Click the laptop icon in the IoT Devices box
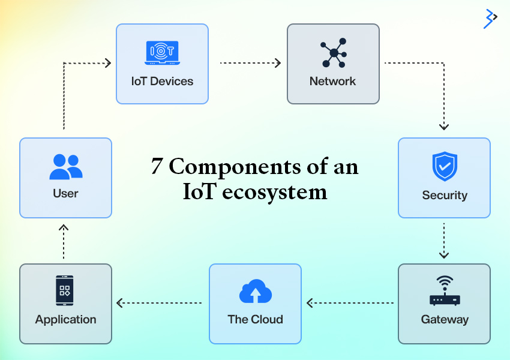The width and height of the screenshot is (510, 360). click(162, 53)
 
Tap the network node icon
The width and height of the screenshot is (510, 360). click(333, 53)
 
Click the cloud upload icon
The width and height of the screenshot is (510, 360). click(255, 292)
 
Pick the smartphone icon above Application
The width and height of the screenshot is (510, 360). click(65, 291)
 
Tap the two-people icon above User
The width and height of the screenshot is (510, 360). click(65, 167)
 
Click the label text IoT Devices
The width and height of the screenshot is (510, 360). click(162, 81)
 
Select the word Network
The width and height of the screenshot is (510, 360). click(333, 81)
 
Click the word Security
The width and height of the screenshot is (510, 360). click(445, 195)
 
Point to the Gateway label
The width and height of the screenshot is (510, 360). click(445, 319)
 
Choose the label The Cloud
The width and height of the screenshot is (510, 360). click(255, 319)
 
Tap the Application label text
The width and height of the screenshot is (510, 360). click(65, 319)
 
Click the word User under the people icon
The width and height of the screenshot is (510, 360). click(65, 193)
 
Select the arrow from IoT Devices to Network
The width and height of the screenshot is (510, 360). click(250, 62)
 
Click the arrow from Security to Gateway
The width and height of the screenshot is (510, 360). click(444, 241)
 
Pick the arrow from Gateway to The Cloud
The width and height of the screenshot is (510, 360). click(351, 303)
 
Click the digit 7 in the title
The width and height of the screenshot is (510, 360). click(157, 167)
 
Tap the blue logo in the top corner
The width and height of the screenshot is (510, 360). click(490, 19)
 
